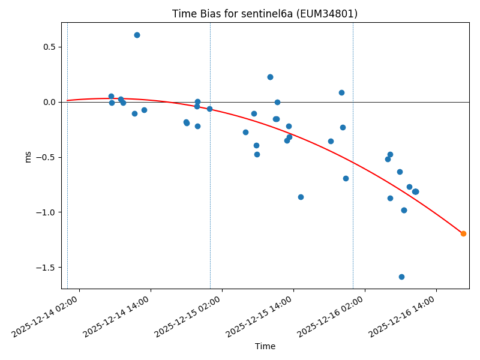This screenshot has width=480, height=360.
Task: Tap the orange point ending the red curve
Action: coord(463,233)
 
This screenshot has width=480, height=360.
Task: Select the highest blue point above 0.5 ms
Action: coord(137,35)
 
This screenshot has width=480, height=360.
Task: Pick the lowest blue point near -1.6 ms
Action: coord(401,277)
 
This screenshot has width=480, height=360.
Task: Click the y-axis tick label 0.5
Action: coord(49,47)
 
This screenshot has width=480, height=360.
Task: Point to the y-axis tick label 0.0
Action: coord(49,102)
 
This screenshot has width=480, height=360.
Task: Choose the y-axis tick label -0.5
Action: coord(47,157)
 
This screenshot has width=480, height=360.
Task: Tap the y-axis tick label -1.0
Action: coord(47,212)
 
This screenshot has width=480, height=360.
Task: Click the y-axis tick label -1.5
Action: coord(47,268)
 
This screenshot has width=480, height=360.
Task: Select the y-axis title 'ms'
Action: coord(28,156)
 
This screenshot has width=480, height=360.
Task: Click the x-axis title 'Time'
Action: coord(265,346)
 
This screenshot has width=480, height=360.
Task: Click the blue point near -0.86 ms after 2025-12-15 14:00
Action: coord(301,197)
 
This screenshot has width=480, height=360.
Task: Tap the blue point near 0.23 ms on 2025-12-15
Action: coord(270,77)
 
